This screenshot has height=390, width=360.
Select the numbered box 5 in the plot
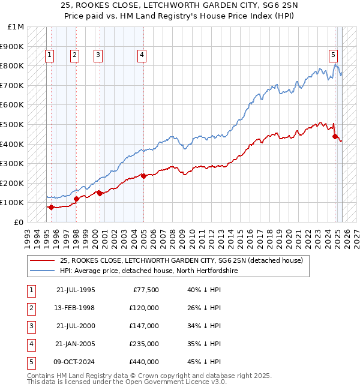(333, 55)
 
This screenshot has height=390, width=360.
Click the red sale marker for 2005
(144, 176)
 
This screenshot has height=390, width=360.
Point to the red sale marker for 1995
(51, 207)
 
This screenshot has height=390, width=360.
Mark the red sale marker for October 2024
(335, 136)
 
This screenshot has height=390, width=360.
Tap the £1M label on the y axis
(16, 27)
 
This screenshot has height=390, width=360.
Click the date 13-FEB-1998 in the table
(76, 308)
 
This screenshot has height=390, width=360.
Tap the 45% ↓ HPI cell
(205, 362)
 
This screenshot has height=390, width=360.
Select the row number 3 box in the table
(31, 326)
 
